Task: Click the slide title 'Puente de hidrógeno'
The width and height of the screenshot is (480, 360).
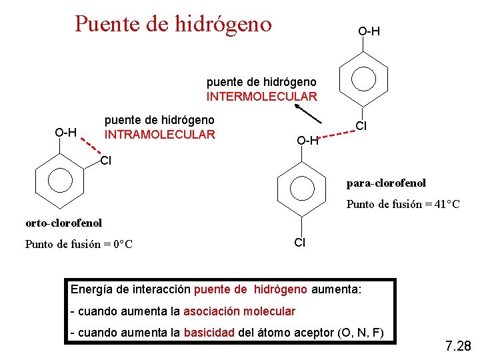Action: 173,24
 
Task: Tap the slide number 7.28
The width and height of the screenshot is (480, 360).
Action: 457,346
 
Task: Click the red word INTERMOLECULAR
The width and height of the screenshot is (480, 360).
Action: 261,97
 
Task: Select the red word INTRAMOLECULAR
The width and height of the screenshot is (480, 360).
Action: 159,135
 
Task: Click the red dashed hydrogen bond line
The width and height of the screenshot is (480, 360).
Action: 335,133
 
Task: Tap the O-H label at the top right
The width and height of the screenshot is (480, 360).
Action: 369,31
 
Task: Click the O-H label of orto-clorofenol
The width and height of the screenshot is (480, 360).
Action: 66,132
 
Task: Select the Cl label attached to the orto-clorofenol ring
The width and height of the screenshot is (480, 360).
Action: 105,160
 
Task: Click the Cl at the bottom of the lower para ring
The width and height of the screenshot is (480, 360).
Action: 300,243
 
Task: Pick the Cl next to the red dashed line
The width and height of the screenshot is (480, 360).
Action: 361,125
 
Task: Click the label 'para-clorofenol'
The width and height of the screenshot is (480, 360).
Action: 385,183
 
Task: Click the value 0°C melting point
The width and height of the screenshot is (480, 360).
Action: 121,244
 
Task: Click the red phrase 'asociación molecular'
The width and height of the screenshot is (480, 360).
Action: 239,311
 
